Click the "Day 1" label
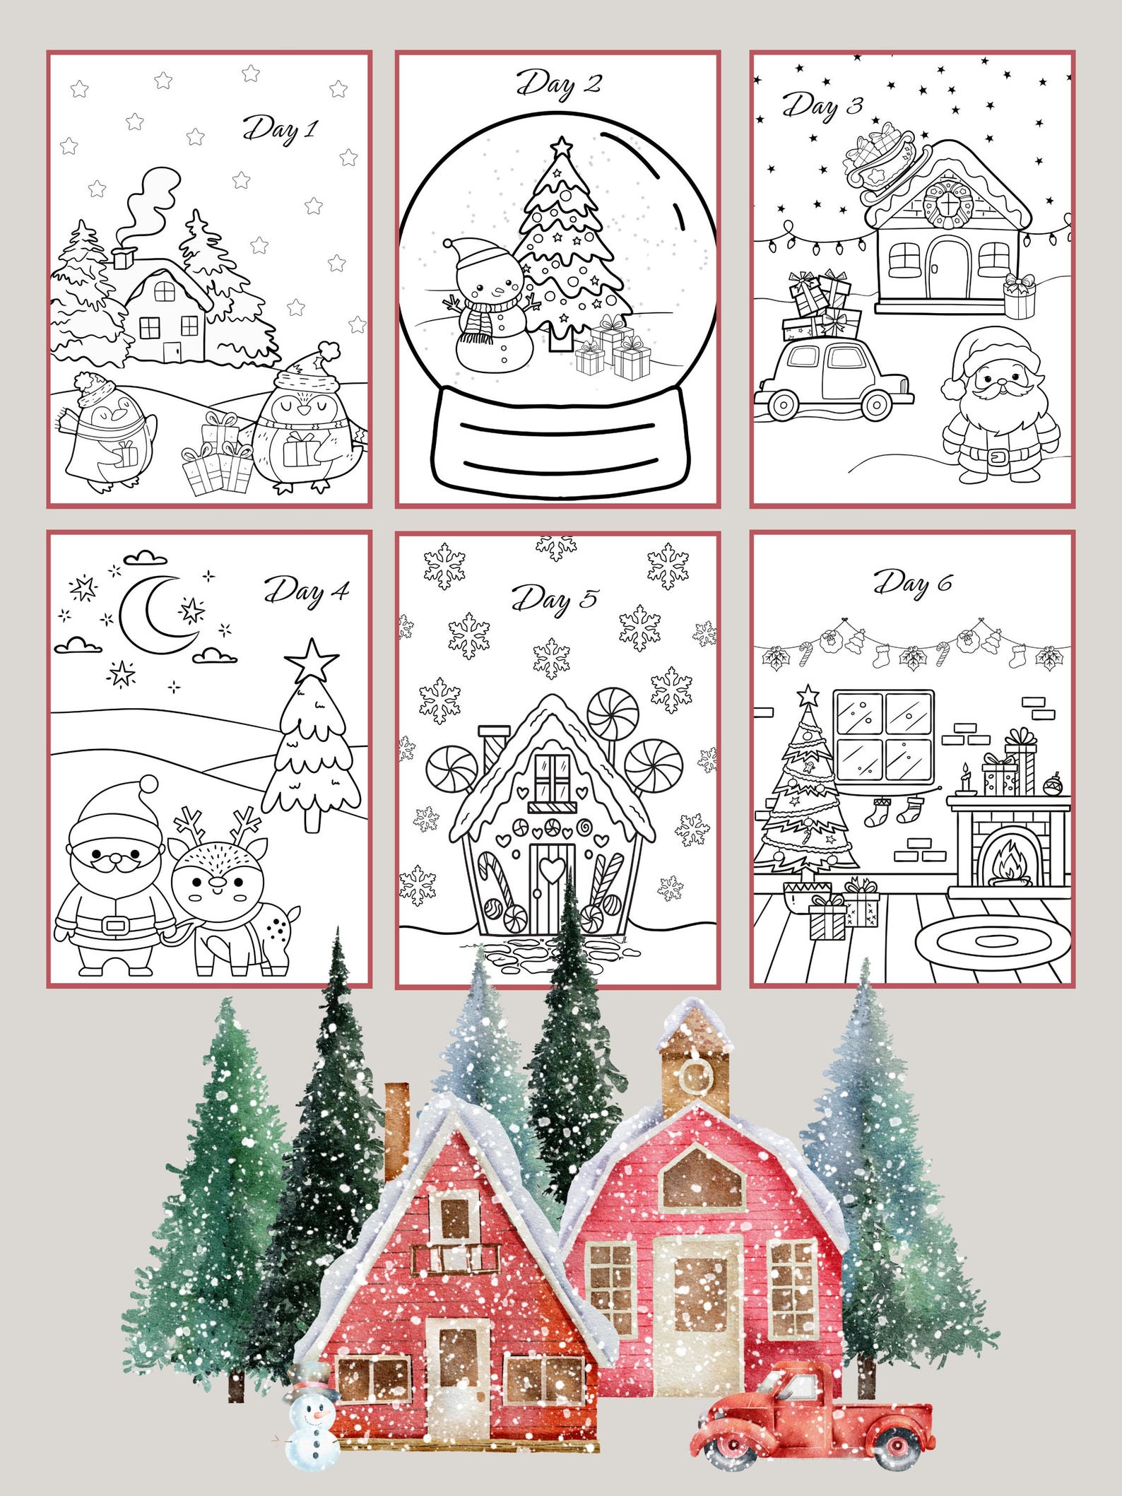point(280,130)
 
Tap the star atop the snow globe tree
point(562,147)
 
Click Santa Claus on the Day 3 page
point(1000,403)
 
